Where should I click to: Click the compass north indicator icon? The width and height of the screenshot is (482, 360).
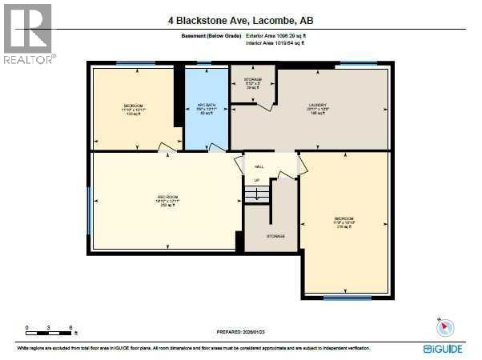(x=445, y=327)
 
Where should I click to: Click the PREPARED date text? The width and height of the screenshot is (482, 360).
(x=240, y=331)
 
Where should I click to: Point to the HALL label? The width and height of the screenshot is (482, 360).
(x=259, y=166)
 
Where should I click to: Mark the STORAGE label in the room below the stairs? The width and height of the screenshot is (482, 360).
(x=275, y=236)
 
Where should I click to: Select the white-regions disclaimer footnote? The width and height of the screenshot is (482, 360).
(x=200, y=349)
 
